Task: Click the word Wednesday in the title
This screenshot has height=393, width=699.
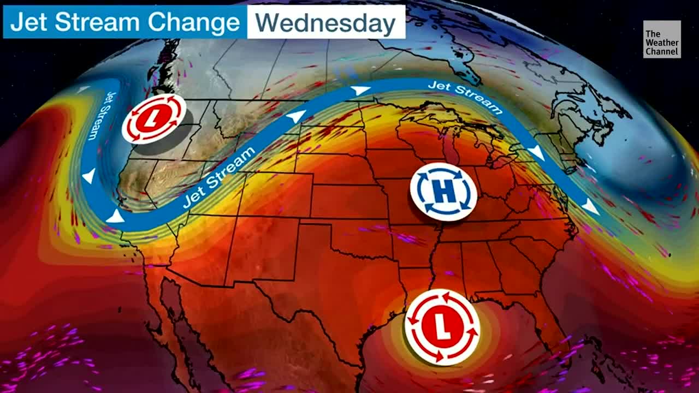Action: [325, 23]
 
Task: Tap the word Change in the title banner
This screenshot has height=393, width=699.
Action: [195, 23]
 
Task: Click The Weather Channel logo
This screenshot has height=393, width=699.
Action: [662, 39]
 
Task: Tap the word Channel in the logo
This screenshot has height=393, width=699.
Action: [662, 52]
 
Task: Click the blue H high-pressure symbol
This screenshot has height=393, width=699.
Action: [443, 192]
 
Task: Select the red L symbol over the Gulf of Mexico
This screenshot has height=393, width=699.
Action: [442, 327]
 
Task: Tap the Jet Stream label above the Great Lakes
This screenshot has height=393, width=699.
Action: [465, 96]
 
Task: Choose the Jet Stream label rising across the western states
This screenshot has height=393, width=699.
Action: [219, 177]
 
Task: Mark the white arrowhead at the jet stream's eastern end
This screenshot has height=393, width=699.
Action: [589, 207]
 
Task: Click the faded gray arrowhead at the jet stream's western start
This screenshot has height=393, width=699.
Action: [84, 89]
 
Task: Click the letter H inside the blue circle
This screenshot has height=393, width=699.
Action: [443, 192]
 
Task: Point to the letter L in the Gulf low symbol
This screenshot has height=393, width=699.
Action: [442, 327]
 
